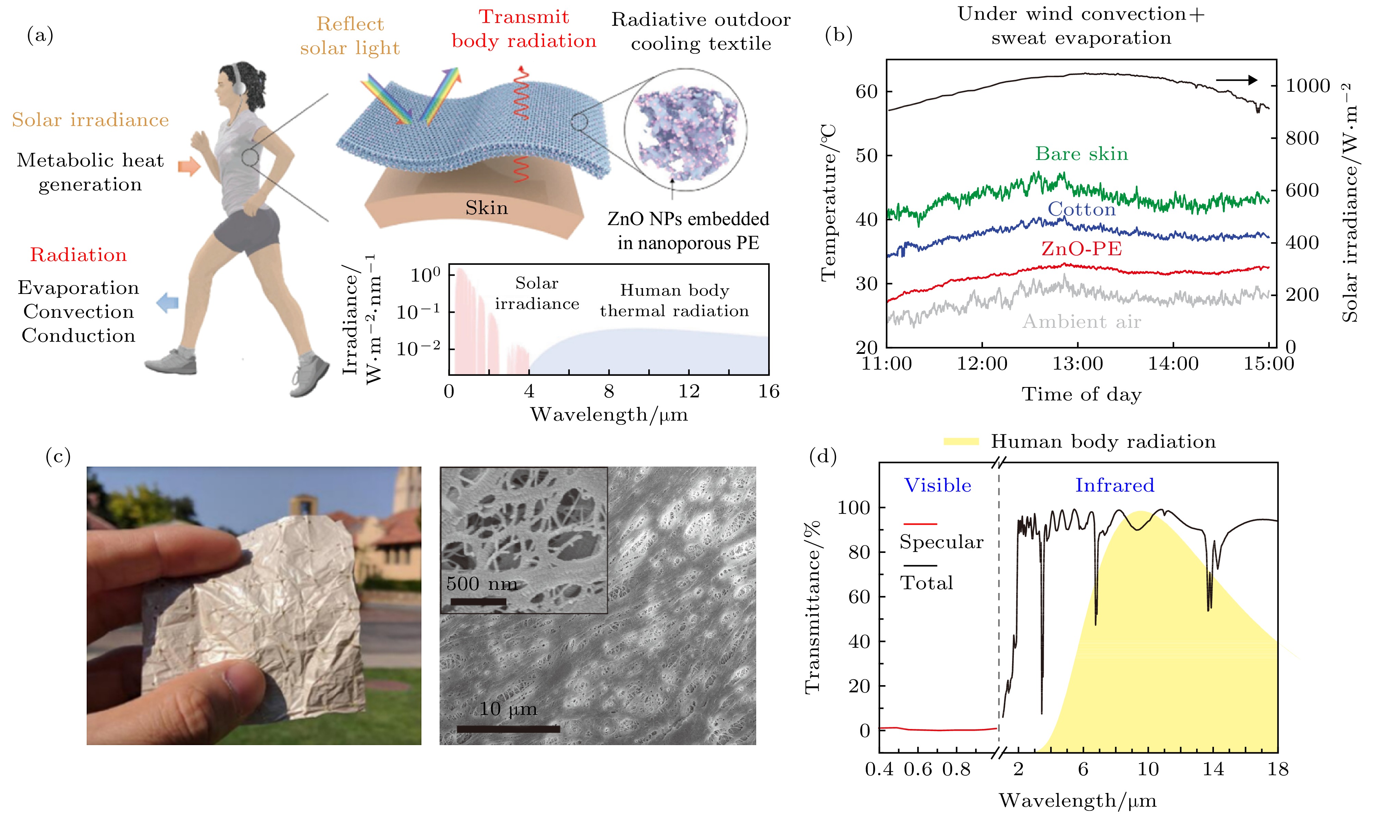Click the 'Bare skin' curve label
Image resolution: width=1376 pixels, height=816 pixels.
click(x=1081, y=154)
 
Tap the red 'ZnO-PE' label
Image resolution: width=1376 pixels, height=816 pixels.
click(x=1081, y=249)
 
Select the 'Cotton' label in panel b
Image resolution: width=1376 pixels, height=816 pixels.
click(x=1081, y=210)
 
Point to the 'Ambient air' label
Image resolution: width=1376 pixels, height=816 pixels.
click(x=1081, y=322)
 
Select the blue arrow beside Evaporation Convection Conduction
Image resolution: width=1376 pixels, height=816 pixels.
click(x=168, y=302)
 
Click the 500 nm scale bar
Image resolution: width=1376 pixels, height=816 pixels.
click(x=478, y=602)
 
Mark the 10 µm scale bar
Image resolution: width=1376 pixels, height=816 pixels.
click(x=508, y=729)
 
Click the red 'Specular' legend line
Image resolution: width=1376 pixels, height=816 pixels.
click(x=920, y=524)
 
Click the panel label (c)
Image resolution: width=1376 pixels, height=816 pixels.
click(x=58, y=456)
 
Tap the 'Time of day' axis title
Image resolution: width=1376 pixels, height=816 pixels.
click(x=1081, y=395)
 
